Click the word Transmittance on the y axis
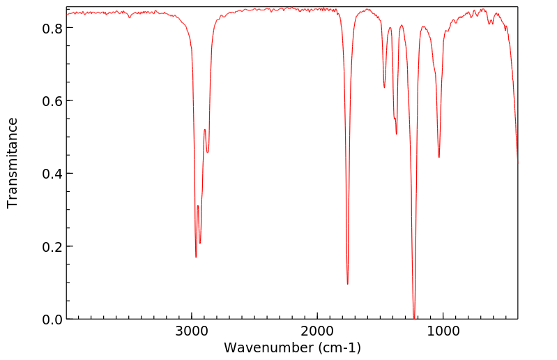(x=13, y=163)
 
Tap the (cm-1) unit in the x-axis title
(x=339, y=347)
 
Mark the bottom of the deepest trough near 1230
(x=414, y=318)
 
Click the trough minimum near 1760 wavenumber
(x=347, y=284)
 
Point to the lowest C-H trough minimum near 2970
(x=196, y=257)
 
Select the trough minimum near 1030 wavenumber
(x=438, y=157)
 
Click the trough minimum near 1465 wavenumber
(x=384, y=87)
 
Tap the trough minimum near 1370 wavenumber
(x=397, y=134)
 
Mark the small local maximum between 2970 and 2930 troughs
(x=198, y=206)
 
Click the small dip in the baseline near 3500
(x=130, y=17)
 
